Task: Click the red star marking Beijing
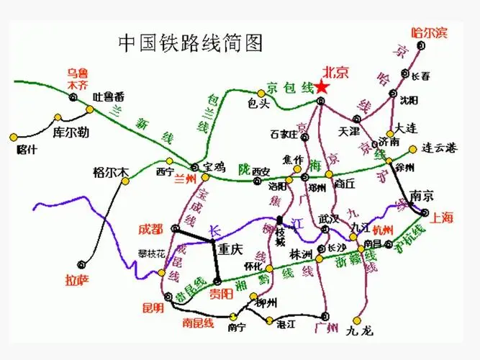pyautogui.click(x=322, y=87)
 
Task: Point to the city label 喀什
pyautogui.click(x=26, y=150)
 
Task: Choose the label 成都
pyautogui.click(x=153, y=228)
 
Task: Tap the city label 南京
pyautogui.click(x=420, y=194)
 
